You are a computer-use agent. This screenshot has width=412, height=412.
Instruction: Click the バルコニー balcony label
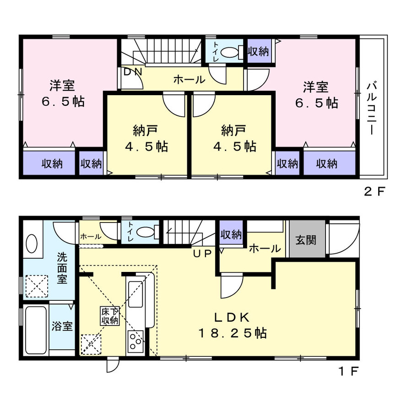coord(372,108)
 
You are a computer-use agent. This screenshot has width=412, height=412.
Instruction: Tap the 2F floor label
coord(374,192)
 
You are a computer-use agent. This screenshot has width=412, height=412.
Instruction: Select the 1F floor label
coord(348,371)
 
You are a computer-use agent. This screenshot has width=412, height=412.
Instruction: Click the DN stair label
coord(133,72)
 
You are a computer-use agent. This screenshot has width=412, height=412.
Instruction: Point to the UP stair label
coord(202,253)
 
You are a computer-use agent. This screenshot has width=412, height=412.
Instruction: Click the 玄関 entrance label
coord(306,239)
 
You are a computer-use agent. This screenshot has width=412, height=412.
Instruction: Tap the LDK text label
coord(232,318)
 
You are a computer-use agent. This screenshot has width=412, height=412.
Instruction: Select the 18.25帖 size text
coord(233,333)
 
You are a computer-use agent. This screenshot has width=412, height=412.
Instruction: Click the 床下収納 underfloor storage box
coord(110,316)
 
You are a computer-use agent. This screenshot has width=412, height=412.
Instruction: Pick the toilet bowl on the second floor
coord(229,52)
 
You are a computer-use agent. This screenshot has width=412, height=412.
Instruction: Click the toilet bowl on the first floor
coord(145,232)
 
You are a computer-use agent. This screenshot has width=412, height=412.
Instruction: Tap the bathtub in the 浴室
coord(36,331)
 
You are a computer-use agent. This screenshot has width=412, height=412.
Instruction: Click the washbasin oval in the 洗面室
coord(32,244)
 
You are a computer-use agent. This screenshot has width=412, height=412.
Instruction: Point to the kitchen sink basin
coord(136,294)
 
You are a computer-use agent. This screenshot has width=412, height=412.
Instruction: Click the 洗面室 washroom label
coord(62,268)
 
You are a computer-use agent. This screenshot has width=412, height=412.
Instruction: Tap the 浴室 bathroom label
coord(62,326)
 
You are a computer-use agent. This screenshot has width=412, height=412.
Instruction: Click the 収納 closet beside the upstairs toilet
coord(259,51)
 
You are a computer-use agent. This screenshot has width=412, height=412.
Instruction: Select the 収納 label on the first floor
coord(231,234)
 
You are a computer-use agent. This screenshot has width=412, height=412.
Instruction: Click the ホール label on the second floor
coord(190,79)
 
